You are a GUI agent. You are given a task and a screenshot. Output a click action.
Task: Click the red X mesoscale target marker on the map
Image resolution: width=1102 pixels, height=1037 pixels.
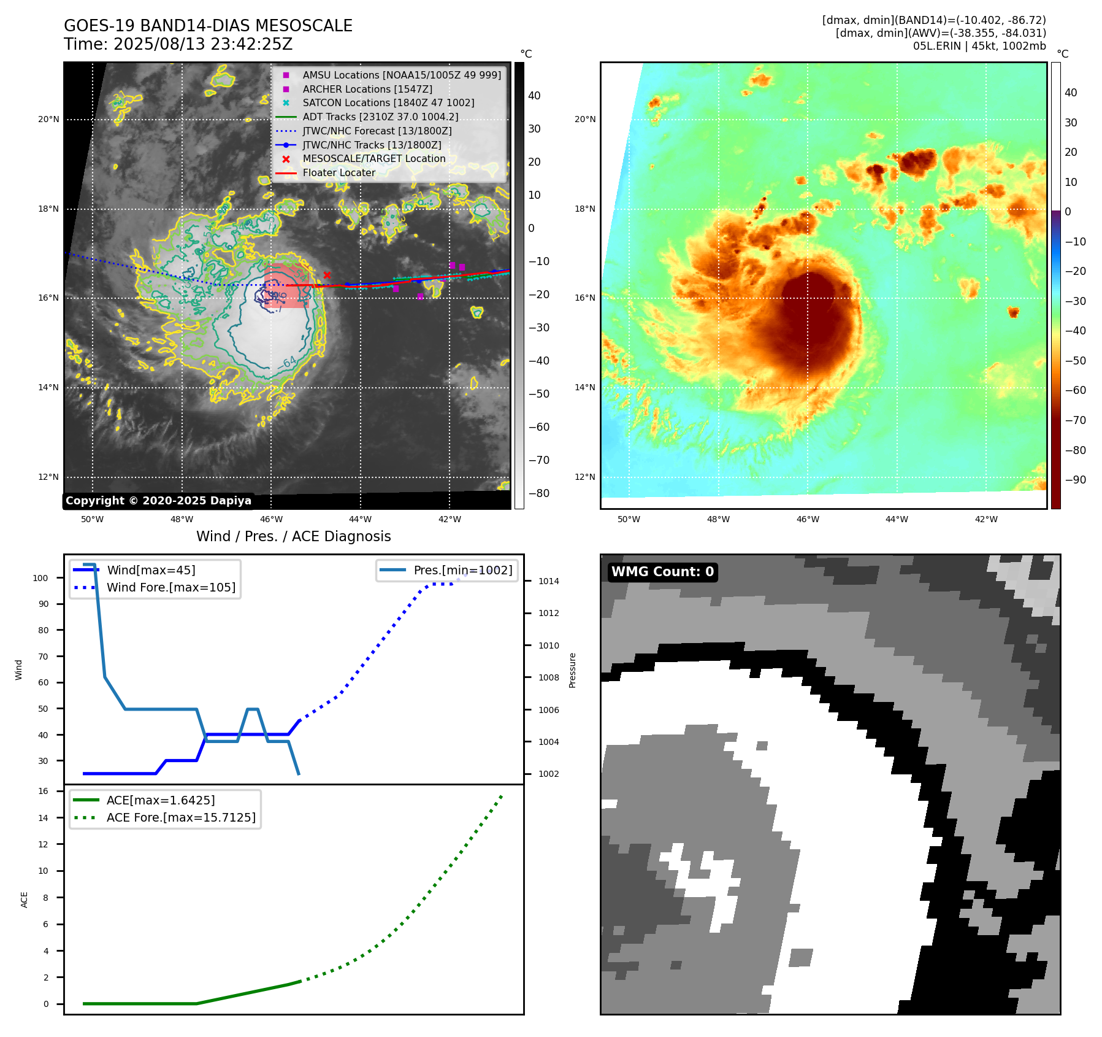[327, 276]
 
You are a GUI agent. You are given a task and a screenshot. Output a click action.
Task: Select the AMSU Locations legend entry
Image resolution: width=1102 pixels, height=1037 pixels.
[401, 75]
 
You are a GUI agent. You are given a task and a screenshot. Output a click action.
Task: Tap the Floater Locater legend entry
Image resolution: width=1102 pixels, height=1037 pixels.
[339, 173]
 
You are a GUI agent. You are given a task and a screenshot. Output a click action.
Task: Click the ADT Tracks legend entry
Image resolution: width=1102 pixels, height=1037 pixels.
[380, 117]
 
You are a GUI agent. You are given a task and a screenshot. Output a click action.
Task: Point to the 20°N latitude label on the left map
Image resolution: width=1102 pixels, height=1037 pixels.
[48, 119]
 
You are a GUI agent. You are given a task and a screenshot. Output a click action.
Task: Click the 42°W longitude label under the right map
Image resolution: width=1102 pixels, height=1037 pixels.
[986, 519]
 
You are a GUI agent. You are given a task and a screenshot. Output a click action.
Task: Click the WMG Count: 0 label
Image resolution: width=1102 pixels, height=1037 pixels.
[662, 572]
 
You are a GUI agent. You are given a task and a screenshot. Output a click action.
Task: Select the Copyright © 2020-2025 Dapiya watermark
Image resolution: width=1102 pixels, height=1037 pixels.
[158, 501]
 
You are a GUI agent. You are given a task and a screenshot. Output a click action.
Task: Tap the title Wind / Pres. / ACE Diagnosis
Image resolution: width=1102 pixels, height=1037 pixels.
[293, 536]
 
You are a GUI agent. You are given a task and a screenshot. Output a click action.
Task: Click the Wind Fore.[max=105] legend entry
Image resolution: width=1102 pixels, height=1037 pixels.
[170, 587]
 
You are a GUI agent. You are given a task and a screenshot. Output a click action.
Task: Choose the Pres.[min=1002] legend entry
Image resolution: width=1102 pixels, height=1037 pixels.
[462, 570]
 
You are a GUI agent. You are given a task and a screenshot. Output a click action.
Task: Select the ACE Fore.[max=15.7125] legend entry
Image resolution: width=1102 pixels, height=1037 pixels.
[181, 817]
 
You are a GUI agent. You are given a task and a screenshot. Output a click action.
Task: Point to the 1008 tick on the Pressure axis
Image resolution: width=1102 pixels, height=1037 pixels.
[548, 677]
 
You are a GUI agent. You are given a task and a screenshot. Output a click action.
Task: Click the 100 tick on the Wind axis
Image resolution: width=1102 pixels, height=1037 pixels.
[40, 578]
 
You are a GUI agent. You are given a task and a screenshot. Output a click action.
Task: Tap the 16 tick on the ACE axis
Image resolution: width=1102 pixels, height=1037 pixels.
[44, 792]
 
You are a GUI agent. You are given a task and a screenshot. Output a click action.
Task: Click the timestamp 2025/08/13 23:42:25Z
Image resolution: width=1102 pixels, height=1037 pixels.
[203, 44]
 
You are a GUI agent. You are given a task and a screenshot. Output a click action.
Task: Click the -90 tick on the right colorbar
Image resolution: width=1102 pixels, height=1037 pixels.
[1075, 480]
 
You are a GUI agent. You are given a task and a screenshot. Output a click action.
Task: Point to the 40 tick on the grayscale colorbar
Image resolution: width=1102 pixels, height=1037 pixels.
[534, 96]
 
